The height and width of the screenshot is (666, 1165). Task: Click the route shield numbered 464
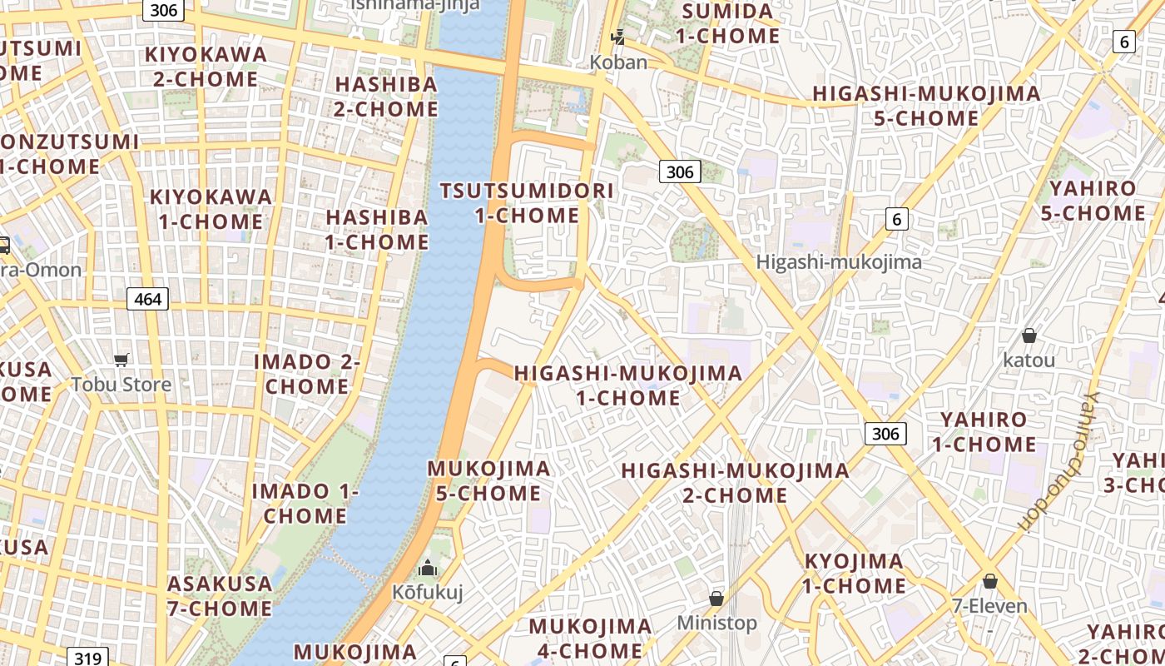[x=147, y=298]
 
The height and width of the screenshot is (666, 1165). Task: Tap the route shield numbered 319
[x=87, y=658]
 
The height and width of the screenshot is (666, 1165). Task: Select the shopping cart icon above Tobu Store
[x=121, y=360]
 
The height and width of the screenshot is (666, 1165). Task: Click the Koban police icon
[x=617, y=37]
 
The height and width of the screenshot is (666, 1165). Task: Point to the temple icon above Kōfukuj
[x=428, y=569]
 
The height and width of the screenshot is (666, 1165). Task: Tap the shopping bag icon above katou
[x=1029, y=335]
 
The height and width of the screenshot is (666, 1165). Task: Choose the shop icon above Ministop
[x=716, y=598]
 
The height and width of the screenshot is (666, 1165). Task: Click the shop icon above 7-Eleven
[x=990, y=580]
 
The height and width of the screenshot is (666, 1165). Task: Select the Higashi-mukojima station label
[x=839, y=262]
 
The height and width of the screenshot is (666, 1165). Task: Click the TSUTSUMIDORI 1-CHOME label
[x=527, y=203]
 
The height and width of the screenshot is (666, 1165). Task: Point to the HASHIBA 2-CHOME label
[x=386, y=97]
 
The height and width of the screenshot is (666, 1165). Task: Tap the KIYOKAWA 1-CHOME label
[x=211, y=209]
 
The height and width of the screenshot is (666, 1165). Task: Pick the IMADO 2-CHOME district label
[x=306, y=374]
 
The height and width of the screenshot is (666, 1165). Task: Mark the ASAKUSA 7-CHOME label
[x=220, y=595]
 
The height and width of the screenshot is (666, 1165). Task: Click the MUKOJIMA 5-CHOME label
[x=488, y=480]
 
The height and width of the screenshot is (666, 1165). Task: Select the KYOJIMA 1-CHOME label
[x=854, y=573]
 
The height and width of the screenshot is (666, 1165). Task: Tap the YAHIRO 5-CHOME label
[x=1092, y=201]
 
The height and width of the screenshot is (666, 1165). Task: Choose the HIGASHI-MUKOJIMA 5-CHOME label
[x=926, y=106]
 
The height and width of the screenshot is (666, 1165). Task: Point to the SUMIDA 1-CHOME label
[x=727, y=23]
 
